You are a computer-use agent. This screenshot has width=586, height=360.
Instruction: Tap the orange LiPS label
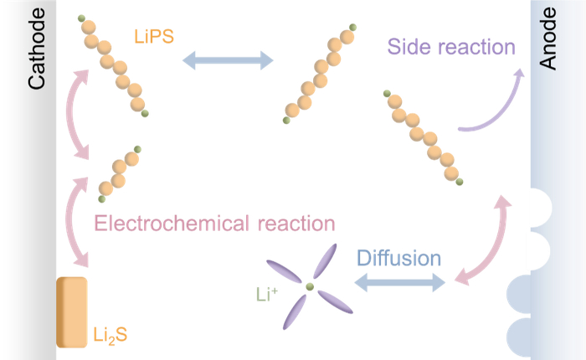click(x=153, y=37)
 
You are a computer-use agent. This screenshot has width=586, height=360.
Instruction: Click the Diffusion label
click(x=399, y=255)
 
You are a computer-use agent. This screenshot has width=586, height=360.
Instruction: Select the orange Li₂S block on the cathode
click(x=72, y=311)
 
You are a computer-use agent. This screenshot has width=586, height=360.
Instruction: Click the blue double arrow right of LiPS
click(x=229, y=59)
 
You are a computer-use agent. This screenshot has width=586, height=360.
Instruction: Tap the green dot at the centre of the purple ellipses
click(x=310, y=286)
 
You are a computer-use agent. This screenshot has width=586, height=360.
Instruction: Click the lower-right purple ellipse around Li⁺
click(x=330, y=302)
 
